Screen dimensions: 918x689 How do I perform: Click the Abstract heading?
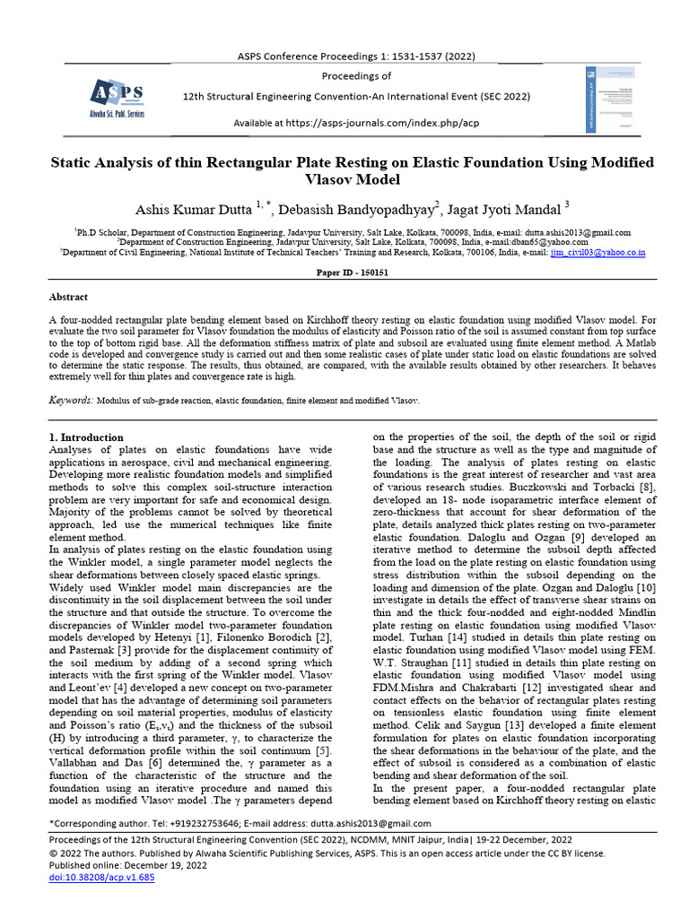[x=68, y=295]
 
